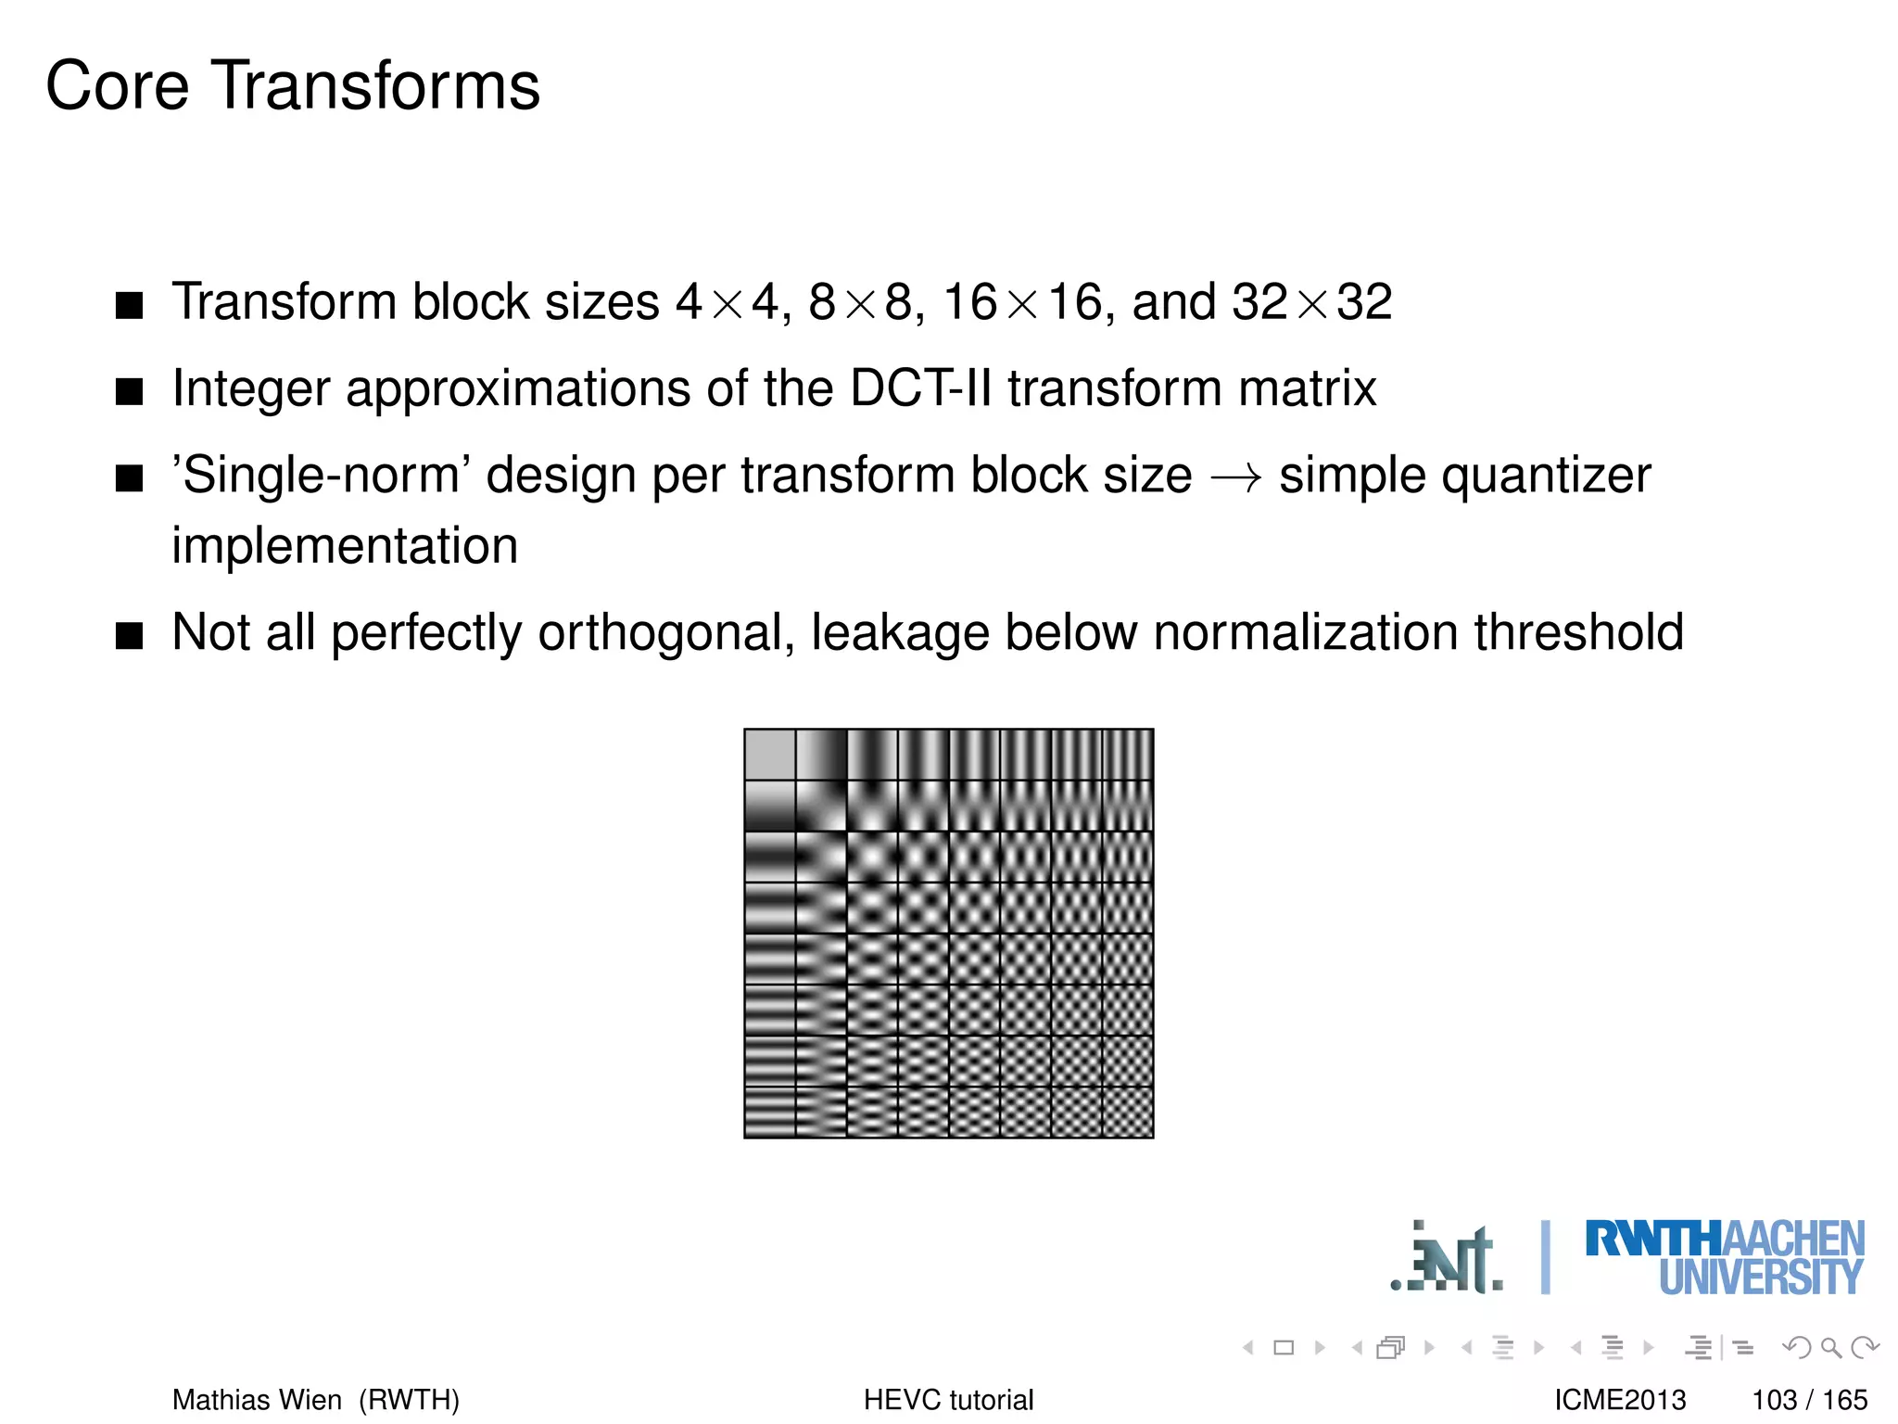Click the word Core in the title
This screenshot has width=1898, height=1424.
pyautogui.click(x=117, y=86)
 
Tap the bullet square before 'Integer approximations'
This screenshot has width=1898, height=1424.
pyautogui.click(x=130, y=391)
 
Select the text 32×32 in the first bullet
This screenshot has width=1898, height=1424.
pyautogui.click(x=1311, y=302)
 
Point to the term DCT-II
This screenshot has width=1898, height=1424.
pyautogui.click(x=921, y=388)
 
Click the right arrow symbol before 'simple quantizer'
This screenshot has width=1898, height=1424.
pyautogui.click(x=1235, y=477)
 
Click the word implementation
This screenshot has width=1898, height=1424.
pyautogui.click(x=345, y=546)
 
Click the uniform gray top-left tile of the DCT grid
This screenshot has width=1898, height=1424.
pyautogui.click(x=770, y=755)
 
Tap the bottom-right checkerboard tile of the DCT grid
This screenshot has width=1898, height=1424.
pyautogui.click(x=1128, y=1112)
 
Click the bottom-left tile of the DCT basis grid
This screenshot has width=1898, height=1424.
pyautogui.click(x=770, y=1112)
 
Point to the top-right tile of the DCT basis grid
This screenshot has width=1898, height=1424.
pyautogui.click(x=1128, y=755)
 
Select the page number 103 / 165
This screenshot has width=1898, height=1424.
pyautogui.click(x=1809, y=1399)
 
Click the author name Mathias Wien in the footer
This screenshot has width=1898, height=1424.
pyautogui.click(x=257, y=1399)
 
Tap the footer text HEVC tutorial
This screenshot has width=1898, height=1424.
pyautogui.click(x=948, y=1399)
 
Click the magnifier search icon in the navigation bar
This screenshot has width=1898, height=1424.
pyautogui.click(x=1830, y=1347)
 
